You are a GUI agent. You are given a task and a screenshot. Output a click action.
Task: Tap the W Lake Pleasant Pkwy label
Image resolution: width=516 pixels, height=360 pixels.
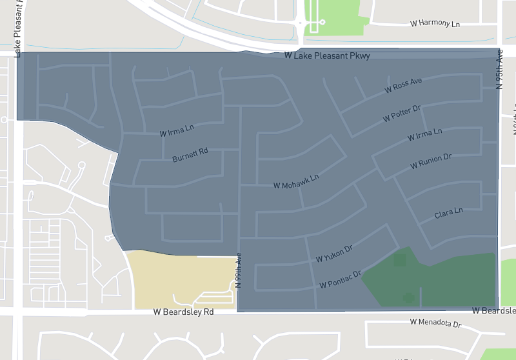[x=327, y=56]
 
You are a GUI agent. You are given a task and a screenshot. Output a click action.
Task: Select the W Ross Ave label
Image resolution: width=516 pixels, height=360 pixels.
[x=403, y=85]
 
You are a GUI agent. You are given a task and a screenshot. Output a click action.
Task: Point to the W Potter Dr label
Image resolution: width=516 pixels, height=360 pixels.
[x=401, y=113]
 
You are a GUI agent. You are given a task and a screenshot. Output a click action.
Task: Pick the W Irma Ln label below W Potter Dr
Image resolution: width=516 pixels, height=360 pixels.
[x=424, y=134]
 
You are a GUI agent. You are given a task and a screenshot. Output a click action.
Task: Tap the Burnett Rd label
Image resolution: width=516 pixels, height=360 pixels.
[x=190, y=155]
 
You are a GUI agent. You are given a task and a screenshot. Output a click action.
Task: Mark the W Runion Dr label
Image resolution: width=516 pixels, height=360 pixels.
[x=431, y=161]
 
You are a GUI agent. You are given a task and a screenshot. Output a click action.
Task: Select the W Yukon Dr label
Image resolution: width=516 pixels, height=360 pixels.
[x=334, y=254]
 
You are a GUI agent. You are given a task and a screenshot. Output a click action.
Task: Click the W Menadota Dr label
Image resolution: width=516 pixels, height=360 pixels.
[x=436, y=323]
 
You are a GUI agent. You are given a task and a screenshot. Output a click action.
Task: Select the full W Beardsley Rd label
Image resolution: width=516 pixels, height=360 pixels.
[x=183, y=312]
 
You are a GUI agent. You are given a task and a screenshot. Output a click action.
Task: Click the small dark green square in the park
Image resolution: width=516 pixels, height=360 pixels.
[x=399, y=260]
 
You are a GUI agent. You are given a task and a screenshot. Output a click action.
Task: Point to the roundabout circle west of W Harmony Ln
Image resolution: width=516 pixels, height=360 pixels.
[x=300, y=23]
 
